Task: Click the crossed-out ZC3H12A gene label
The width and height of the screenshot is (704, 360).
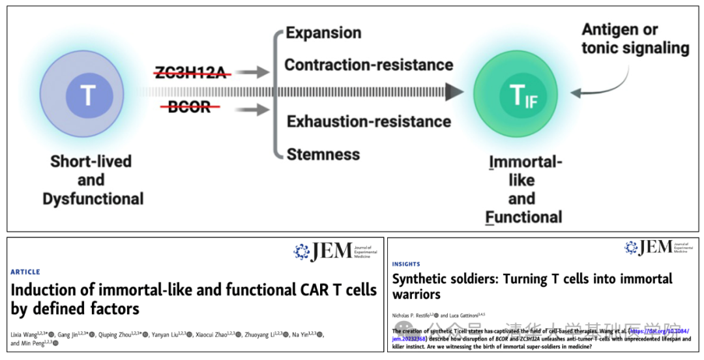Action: pos(193,72)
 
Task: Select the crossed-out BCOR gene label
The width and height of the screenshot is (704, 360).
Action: pos(189,107)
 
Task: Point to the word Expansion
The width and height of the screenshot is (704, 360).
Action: pos(323,33)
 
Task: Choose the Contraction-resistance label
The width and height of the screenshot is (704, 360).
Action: pos(368,65)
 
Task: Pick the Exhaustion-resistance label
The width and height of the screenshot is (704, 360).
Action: pos(368,121)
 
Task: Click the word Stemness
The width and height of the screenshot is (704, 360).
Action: pos(323,155)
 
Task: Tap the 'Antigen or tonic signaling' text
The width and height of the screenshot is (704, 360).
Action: pos(634,38)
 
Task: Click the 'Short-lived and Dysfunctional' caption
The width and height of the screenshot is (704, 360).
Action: pos(91,179)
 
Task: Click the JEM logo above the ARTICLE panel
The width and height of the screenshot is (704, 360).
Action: pos(332,251)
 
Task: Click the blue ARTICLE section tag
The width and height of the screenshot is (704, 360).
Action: pos(25,272)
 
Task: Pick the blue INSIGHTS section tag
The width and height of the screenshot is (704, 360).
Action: pos(406,264)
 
